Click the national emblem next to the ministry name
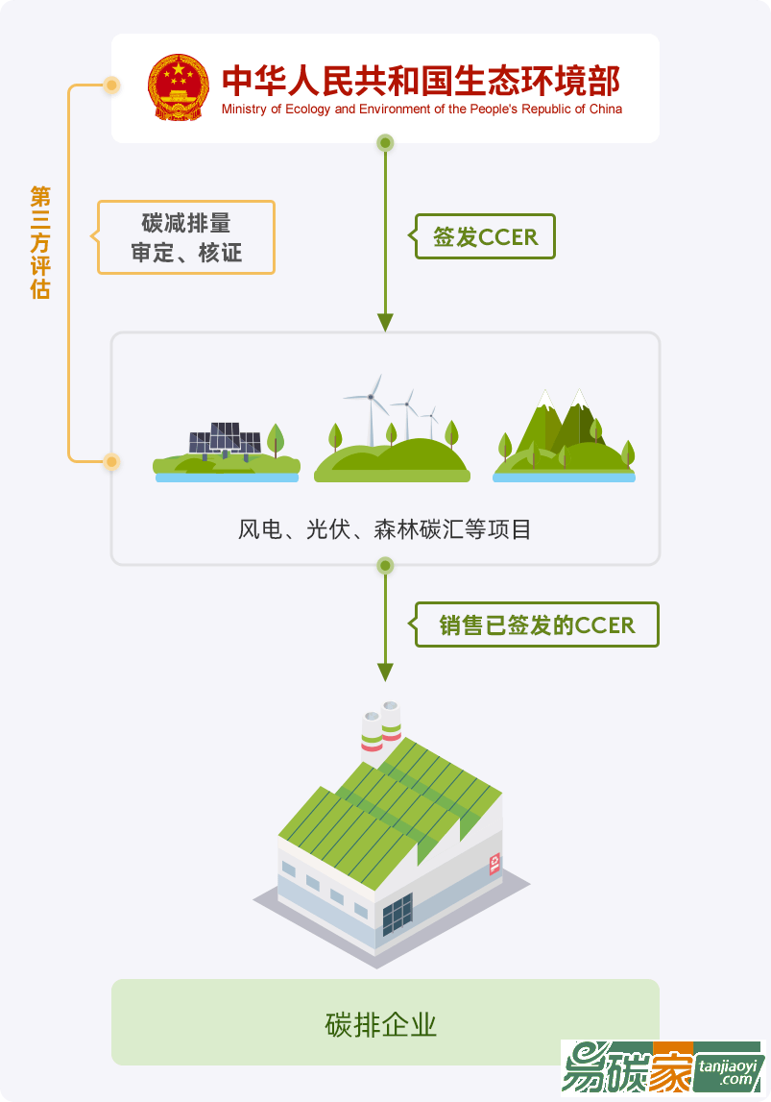coord(178,87)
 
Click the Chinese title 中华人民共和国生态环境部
coord(421,81)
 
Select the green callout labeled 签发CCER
coord(485,236)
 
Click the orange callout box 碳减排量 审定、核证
coord(186,237)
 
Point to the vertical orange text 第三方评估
coord(39,242)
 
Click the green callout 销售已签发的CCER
coord(537,625)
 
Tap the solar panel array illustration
coord(224,444)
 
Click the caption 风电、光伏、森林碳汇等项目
coord(384,529)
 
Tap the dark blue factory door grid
coord(397,914)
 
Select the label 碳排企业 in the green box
coord(381,1024)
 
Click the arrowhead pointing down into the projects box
coord(385,322)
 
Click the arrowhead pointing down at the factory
coord(385,672)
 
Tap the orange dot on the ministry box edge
coord(111,86)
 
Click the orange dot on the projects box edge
coord(111,461)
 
